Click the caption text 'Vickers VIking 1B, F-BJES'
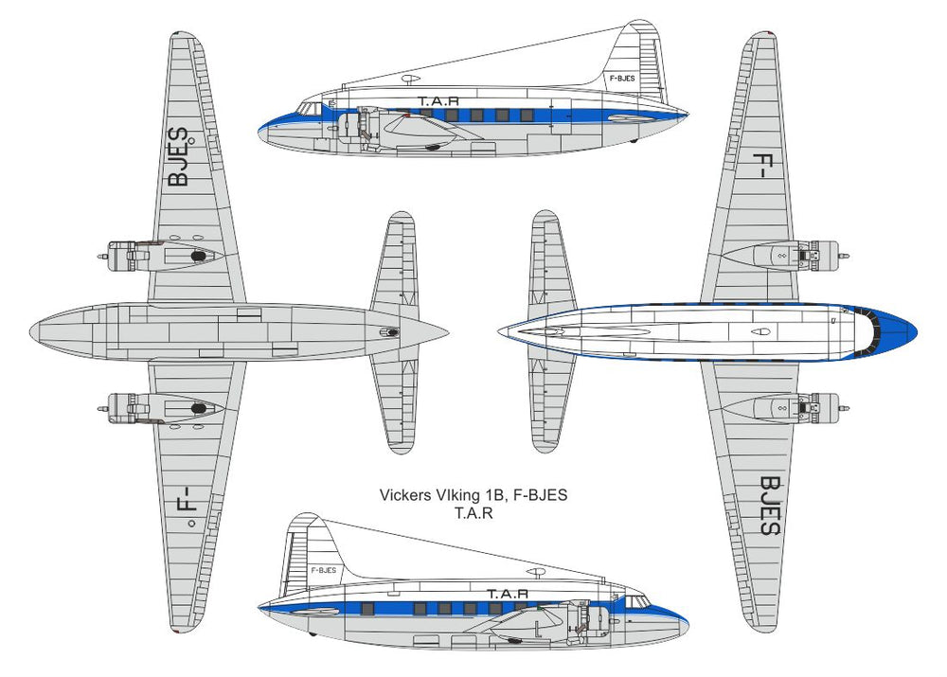click(x=473, y=495)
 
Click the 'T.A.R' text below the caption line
click(x=473, y=513)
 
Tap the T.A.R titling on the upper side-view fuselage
click(x=438, y=101)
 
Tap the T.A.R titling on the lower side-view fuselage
click(x=508, y=595)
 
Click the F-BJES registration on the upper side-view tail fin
click(x=622, y=79)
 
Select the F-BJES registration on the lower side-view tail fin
click(x=324, y=570)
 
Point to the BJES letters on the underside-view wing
click(x=179, y=156)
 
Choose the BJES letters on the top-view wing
click(x=771, y=506)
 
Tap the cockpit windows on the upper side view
click(x=310, y=109)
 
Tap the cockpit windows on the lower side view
click(x=636, y=602)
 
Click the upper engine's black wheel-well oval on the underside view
click(x=199, y=256)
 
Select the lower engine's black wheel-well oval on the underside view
click(x=199, y=409)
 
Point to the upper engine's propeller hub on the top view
click(x=845, y=257)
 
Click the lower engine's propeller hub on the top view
click(x=845, y=409)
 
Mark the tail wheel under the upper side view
click(x=633, y=141)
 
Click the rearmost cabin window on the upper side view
click(x=527, y=115)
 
